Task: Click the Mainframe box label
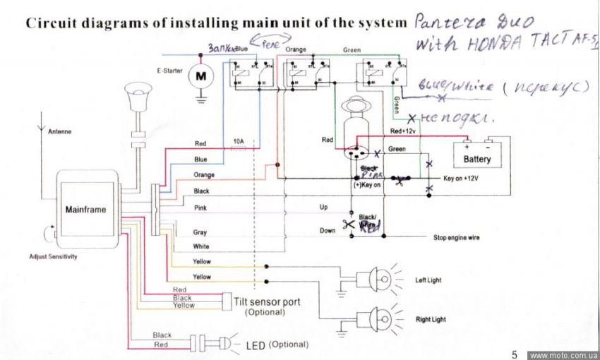coord(86,210)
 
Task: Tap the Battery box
coord(477,158)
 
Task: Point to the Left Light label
coord(428,280)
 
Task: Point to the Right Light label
coord(431,320)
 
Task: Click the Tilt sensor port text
coord(266,302)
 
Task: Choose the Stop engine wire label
coord(456,238)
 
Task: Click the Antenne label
coord(59,131)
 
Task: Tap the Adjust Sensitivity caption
coord(53,256)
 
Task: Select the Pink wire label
coord(200,208)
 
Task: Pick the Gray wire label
coord(200,232)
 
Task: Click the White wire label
coord(201,247)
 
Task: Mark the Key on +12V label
coord(461,179)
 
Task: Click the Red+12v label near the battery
coord(404,132)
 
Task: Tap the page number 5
coord(515,354)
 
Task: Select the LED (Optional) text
coord(276,345)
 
